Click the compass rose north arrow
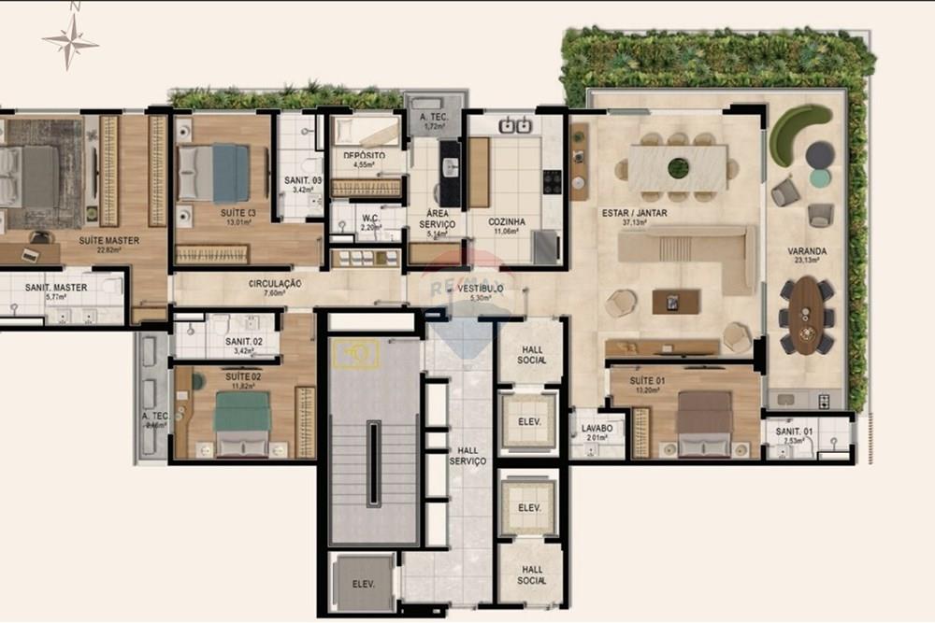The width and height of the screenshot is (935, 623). [70, 39]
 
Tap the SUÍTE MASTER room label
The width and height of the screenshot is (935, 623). [108, 241]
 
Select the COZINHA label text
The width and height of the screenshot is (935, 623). [507, 222]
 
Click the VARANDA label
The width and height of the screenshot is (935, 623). [806, 251]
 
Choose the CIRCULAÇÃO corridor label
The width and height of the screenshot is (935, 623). [274, 283]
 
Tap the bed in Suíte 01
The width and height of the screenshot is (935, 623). [705, 422]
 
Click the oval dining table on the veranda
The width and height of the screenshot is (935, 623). [805, 315]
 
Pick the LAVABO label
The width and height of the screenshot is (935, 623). [597, 428]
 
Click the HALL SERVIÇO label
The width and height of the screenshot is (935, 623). [467, 456]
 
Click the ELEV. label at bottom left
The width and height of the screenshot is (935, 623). [363, 585]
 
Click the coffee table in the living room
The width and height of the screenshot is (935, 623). [676, 302]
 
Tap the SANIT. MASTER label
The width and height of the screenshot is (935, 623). [56, 288]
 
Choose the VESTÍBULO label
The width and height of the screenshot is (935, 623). [481, 289]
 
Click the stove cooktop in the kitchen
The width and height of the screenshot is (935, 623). [553, 181]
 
